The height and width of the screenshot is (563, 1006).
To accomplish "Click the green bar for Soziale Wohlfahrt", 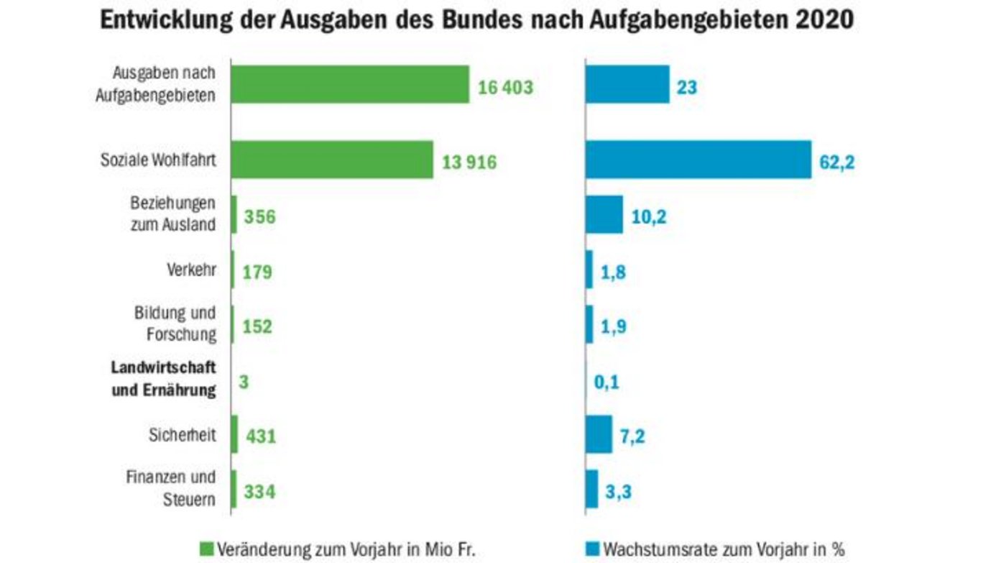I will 331,160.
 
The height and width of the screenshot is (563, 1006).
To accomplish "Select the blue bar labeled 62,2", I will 698,160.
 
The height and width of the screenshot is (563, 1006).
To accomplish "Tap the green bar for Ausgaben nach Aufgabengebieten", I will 350,85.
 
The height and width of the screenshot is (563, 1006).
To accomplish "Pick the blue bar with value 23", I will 627,85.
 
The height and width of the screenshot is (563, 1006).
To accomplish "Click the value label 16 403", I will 506,88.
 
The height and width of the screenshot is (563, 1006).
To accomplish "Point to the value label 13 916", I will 470,163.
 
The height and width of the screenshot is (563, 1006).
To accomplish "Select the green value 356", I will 259,216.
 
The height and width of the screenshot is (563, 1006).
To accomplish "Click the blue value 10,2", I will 648,216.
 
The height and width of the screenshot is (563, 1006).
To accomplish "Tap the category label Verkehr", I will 190,271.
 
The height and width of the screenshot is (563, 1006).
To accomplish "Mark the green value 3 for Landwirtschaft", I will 244,382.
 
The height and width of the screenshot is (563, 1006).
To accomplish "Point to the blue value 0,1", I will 606,382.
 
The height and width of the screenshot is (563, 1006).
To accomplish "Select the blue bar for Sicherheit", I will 599,434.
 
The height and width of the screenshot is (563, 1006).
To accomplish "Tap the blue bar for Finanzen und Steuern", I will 591,489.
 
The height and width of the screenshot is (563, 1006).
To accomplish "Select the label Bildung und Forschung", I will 175,324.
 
